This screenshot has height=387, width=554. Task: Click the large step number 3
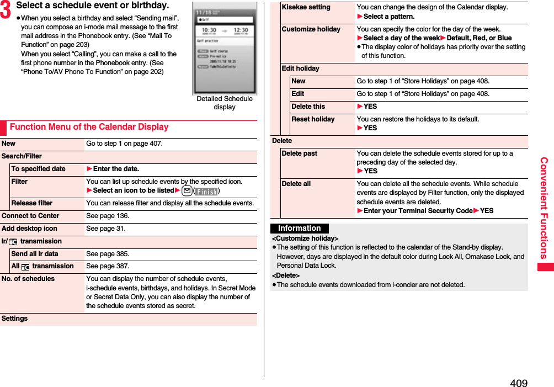(7, 9)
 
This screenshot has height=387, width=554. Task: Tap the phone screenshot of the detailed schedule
(225, 49)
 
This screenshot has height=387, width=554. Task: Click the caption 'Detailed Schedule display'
(225, 103)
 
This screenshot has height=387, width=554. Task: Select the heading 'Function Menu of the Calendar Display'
(89, 127)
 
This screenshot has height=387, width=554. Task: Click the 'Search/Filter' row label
(22, 156)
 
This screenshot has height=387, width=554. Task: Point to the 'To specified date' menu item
(38, 169)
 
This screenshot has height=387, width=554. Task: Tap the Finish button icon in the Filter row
(207, 191)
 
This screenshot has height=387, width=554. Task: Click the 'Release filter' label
(32, 203)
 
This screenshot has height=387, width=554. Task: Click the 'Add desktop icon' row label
(29, 229)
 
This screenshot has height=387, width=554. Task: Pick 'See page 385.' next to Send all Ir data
(108, 254)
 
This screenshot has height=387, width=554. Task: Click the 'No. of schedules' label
(28, 279)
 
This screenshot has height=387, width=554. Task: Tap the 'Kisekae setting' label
(306, 7)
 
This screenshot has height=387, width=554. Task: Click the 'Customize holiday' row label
(311, 29)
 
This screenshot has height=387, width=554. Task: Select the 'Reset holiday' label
(313, 119)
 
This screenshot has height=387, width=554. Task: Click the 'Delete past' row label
(299, 153)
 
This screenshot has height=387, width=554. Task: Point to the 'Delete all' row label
(296, 184)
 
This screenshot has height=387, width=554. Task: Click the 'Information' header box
(299, 229)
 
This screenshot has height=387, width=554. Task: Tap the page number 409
(518, 383)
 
